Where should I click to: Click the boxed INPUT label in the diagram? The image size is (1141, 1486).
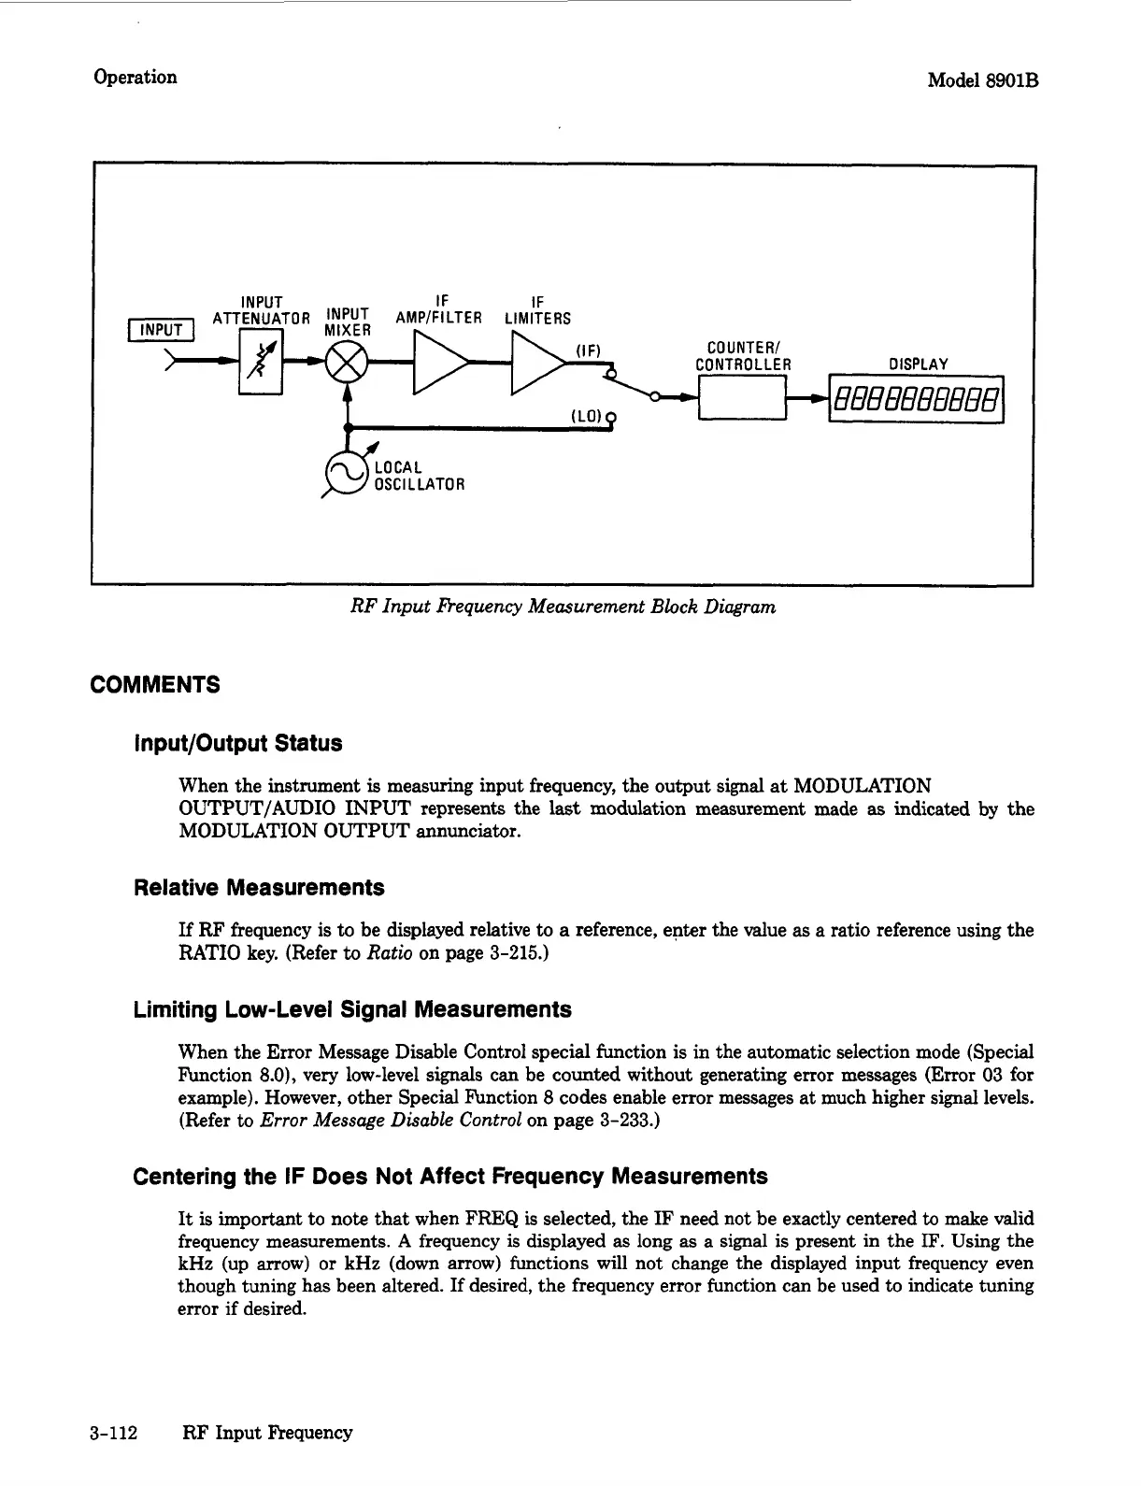pos(163,330)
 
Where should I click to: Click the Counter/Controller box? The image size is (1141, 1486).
pos(742,398)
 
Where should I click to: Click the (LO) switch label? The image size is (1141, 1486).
pos(584,415)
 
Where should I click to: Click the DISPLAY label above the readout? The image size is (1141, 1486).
pos(919,364)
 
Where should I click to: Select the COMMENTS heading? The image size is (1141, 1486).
pos(155,685)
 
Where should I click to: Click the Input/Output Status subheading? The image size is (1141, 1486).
pos(238,744)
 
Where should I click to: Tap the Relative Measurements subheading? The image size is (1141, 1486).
pos(259,887)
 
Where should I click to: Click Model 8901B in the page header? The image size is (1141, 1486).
pos(983,80)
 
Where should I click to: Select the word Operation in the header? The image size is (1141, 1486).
pos(135,77)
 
